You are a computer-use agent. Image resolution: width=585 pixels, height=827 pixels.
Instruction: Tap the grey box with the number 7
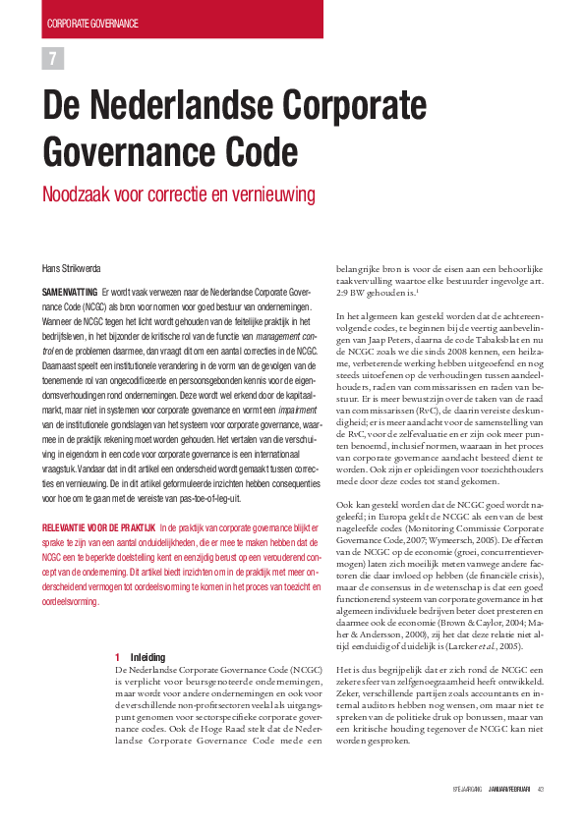[52, 59]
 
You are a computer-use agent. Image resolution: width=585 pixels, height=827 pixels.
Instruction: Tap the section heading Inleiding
[147, 656]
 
